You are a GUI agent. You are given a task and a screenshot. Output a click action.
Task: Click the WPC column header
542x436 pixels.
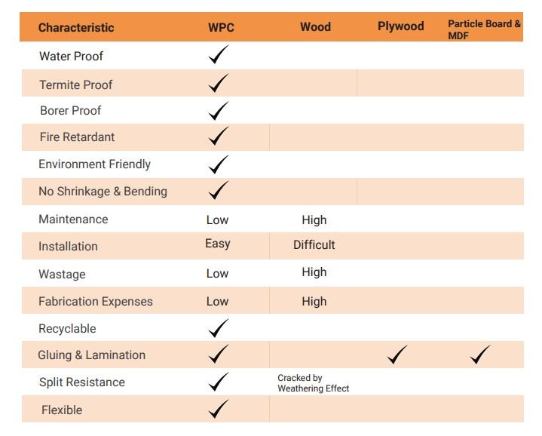[x=221, y=28]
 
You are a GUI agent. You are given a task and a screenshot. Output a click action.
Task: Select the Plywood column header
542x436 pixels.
[x=400, y=26]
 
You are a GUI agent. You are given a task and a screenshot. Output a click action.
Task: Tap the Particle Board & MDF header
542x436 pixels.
[x=484, y=29]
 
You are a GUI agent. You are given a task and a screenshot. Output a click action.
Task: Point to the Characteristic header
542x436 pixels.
[x=76, y=28]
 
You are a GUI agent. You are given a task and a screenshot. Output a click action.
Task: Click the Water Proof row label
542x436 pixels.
[x=71, y=57]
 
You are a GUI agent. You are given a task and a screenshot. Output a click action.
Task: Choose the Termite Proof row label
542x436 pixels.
[x=75, y=84]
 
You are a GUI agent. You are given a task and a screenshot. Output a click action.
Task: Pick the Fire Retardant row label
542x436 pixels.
[x=77, y=137]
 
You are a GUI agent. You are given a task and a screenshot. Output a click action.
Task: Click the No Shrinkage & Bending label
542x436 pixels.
[x=103, y=192]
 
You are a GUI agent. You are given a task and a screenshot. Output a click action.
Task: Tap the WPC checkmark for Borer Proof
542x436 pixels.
[x=218, y=111]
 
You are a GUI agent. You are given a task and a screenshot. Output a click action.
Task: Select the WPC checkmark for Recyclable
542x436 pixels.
[x=218, y=328]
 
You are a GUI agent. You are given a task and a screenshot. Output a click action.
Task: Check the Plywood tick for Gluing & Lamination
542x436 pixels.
[x=398, y=355]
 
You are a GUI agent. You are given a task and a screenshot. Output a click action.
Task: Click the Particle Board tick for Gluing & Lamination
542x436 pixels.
[x=480, y=355]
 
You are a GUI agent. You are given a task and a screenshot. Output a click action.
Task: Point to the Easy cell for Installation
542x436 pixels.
[x=217, y=244]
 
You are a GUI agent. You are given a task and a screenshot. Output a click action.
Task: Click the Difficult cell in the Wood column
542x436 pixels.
[x=314, y=244]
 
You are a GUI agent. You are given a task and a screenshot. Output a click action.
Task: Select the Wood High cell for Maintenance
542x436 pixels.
[x=314, y=220]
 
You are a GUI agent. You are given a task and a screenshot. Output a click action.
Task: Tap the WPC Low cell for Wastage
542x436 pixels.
[x=217, y=274]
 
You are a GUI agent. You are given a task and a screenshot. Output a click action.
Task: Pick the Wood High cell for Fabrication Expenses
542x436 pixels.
[x=314, y=302]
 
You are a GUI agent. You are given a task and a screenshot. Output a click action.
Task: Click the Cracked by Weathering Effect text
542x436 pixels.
[x=313, y=383]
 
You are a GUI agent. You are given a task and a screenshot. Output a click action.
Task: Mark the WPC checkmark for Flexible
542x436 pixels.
[x=218, y=410]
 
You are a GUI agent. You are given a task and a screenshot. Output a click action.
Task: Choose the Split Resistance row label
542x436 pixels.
[x=81, y=382]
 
